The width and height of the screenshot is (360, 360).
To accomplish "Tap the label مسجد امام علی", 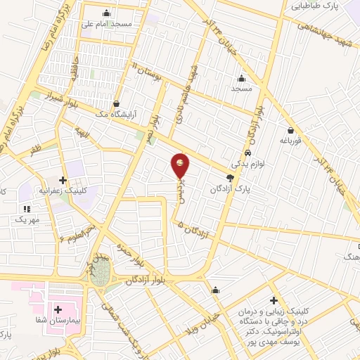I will [x=106, y=23].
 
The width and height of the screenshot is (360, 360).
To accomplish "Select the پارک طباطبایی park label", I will [x=322, y=6].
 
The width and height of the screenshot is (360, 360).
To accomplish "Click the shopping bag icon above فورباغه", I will [x=290, y=130].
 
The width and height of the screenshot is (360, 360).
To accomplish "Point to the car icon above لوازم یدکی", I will [x=248, y=153].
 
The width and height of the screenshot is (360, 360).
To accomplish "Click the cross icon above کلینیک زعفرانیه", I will [x=63, y=180].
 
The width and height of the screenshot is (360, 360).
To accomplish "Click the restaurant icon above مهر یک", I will [x=27, y=209].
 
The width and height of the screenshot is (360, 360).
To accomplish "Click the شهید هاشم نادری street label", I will [x=186, y=98].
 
